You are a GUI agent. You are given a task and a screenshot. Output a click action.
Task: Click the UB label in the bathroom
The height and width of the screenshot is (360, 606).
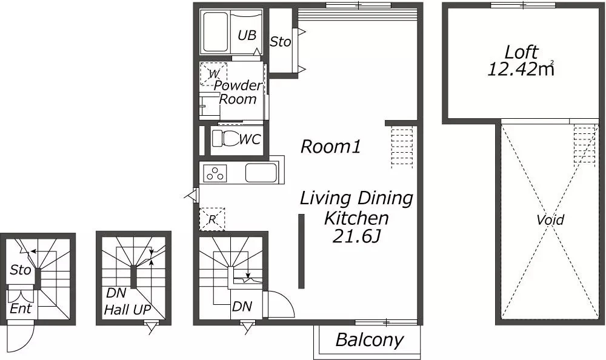[247, 35]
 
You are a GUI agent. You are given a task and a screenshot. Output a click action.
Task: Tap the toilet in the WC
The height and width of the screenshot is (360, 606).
[225, 138]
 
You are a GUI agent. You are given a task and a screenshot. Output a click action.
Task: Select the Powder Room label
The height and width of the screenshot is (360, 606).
[238, 92]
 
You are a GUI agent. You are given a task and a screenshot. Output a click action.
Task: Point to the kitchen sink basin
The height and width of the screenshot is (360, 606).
[261, 173]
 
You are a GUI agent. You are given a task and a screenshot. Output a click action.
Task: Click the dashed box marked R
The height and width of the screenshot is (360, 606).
[211, 219]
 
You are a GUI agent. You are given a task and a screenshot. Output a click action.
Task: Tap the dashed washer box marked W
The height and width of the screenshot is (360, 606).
[213, 74]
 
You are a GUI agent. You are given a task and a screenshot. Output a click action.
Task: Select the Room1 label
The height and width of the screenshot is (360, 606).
[331, 147]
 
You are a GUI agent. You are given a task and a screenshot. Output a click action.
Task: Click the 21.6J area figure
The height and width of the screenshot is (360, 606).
[356, 236]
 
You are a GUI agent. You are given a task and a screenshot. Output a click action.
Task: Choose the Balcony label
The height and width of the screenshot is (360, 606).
[370, 340]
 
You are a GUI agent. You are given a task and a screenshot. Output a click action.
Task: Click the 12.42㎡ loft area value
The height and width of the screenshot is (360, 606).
[521, 69]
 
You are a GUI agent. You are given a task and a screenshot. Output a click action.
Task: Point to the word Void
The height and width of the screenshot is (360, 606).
[550, 220]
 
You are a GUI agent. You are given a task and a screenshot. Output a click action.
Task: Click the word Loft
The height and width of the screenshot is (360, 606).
[522, 52]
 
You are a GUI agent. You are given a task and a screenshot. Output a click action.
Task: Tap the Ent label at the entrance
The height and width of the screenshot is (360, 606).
[21, 308]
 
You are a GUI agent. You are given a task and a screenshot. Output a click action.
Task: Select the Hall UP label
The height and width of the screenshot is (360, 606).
[127, 309]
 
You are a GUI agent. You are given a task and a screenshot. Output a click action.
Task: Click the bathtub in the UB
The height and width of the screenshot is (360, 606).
[216, 32]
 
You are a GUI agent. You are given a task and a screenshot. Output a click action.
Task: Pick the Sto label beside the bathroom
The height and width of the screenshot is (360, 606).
[280, 41]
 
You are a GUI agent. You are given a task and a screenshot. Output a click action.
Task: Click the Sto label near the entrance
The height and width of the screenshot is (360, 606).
[21, 270]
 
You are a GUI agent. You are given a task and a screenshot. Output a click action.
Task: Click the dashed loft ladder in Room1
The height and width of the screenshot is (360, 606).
[402, 147]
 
